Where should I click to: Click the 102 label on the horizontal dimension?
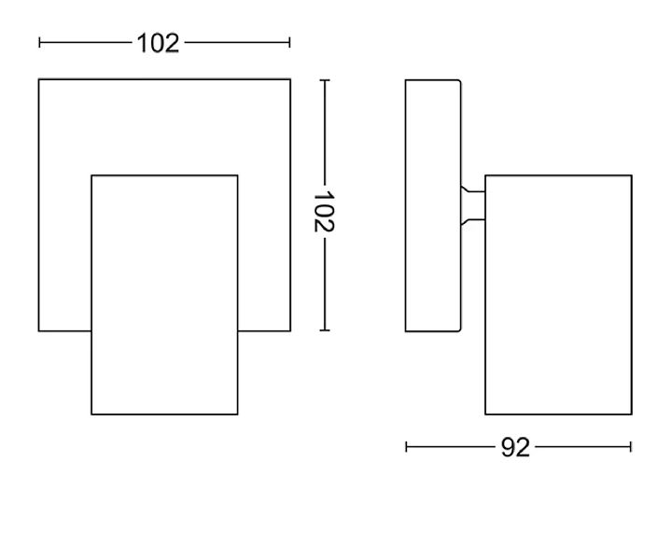[x=158, y=43]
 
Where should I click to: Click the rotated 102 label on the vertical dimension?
[x=325, y=211]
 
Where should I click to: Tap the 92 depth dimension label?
[x=514, y=448]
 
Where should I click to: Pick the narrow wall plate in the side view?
[x=432, y=205]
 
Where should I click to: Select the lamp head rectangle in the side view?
[x=558, y=294]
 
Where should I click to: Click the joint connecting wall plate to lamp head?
[x=473, y=205]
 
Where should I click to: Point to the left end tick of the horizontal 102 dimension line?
[x=39, y=42]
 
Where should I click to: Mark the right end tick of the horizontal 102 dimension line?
[x=289, y=42]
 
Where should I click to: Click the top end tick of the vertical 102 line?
[x=325, y=80]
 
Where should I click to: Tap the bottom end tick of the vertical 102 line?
[x=325, y=330]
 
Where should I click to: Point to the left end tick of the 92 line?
[x=407, y=447]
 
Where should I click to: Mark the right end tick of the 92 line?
[x=631, y=447]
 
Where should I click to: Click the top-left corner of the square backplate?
[x=39, y=80]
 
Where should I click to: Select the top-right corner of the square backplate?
[x=289, y=80]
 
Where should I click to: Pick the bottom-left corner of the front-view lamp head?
[x=91, y=414]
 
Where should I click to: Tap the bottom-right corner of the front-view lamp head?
[x=237, y=414]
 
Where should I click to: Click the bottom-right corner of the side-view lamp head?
[x=631, y=414]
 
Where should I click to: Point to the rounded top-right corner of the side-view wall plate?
[x=458, y=82]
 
